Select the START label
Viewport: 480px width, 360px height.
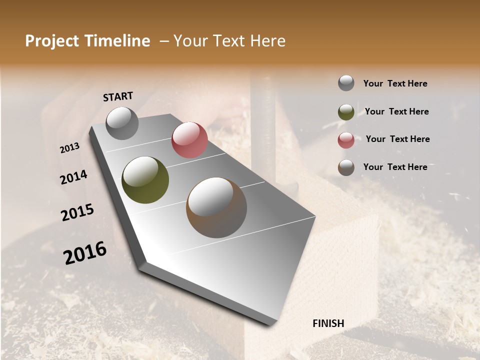click(x=118, y=96)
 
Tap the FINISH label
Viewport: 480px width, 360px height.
click(x=328, y=323)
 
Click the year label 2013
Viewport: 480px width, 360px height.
click(x=70, y=148)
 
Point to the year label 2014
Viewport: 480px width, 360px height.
click(x=74, y=177)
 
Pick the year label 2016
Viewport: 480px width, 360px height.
click(x=85, y=252)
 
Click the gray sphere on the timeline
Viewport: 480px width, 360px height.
click(x=122, y=123)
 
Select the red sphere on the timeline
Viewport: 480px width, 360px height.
click(x=189, y=140)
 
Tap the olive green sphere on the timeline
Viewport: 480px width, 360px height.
click(x=145, y=180)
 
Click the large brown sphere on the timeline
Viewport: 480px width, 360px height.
click(x=216, y=207)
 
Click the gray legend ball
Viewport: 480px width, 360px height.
click(x=346, y=83)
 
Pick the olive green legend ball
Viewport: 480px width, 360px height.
click(x=346, y=112)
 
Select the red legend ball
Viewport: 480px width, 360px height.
click(x=346, y=140)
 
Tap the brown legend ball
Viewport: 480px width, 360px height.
click(x=346, y=167)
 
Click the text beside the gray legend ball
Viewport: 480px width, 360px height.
click(x=395, y=84)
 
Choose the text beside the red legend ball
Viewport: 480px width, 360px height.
click(x=397, y=139)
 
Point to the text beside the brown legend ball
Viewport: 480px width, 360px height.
click(x=395, y=167)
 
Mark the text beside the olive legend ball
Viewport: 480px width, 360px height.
click(x=397, y=111)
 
